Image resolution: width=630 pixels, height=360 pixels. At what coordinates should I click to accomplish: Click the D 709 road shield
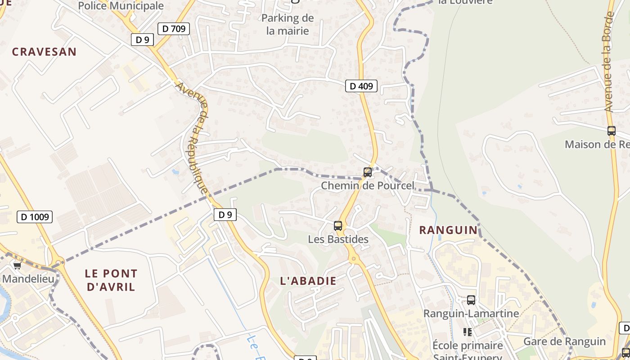point(173,29)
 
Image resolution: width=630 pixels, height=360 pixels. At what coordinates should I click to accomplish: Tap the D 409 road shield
point(361,85)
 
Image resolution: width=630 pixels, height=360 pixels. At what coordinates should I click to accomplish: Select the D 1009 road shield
point(35,217)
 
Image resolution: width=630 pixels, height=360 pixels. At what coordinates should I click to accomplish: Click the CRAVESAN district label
point(44,52)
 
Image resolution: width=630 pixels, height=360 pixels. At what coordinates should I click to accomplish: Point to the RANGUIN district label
point(448,230)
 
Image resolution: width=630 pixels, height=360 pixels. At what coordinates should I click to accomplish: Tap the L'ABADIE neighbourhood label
point(308,281)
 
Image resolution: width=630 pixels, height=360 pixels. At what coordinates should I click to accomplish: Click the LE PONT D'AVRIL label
point(111,280)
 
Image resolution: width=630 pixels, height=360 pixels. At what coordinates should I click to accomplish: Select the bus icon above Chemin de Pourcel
point(368,172)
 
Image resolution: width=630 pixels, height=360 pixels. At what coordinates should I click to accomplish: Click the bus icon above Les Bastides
point(338,226)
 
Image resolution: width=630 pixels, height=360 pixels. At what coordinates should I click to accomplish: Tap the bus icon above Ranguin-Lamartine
point(471,300)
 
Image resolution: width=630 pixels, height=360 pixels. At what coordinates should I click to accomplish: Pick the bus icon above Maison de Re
point(611,131)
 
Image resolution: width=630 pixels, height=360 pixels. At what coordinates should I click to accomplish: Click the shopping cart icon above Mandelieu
point(17,265)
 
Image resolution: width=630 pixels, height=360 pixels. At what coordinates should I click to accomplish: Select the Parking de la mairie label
point(287,24)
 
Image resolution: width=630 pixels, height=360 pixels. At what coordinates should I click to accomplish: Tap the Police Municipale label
point(121,6)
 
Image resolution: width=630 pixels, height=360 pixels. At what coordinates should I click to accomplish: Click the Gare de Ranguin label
point(564,341)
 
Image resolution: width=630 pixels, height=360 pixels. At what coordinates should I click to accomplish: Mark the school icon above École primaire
point(468,332)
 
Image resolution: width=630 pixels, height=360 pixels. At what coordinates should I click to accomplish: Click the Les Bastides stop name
point(338,239)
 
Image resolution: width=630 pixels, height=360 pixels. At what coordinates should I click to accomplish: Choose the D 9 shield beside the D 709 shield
point(142,40)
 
